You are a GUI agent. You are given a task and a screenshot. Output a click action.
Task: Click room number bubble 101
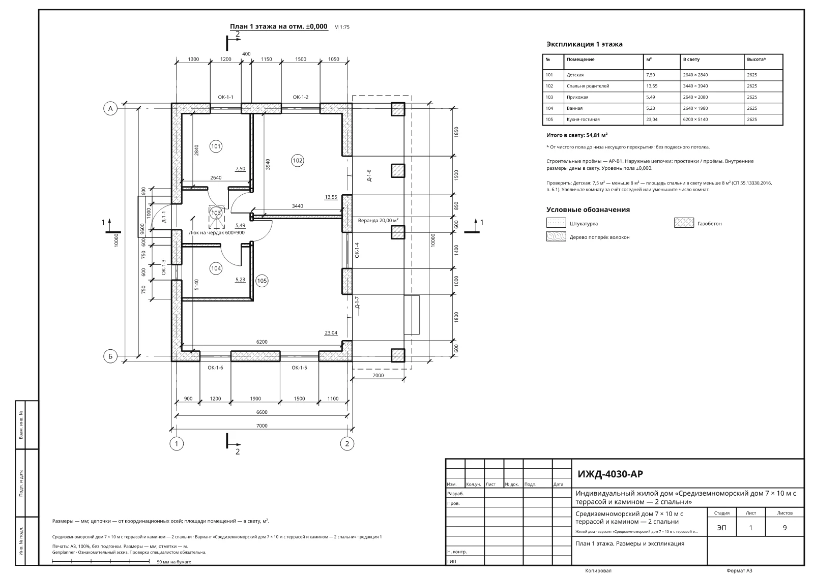(x=216, y=146)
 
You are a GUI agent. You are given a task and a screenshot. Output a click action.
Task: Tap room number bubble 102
(x=297, y=161)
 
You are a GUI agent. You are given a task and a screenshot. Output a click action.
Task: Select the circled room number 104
(x=216, y=268)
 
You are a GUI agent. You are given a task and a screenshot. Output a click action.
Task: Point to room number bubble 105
(x=261, y=281)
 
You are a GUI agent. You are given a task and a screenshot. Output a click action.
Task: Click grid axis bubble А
(x=110, y=109)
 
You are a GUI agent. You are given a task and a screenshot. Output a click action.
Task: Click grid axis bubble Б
(x=110, y=356)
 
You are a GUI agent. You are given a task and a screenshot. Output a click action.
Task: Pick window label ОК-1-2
(x=301, y=97)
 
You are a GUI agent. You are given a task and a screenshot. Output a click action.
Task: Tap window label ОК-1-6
(x=216, y=368)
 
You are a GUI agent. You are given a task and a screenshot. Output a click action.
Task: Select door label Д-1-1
(x=163, y=217)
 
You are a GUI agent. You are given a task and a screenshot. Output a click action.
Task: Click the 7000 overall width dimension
(x=261, y=426)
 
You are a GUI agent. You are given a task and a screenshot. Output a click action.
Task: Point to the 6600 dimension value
(x=261, y=412)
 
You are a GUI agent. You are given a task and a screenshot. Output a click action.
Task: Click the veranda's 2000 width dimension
(x=378, y=376)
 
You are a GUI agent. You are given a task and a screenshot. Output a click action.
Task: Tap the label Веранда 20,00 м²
(x=378, y=221)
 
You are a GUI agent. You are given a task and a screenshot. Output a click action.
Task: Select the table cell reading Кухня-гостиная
(x=583, y=119)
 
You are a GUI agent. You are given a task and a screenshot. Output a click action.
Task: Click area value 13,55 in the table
(x=652, y=86)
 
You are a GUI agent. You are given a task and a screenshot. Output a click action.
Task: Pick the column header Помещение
(x=580, y=59)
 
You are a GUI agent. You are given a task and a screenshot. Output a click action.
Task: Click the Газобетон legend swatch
(x=684, y=223)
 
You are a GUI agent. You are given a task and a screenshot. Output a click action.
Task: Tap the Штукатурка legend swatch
(x=556, y=223)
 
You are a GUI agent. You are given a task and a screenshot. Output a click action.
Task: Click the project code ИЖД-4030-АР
(x=610, y=474)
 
